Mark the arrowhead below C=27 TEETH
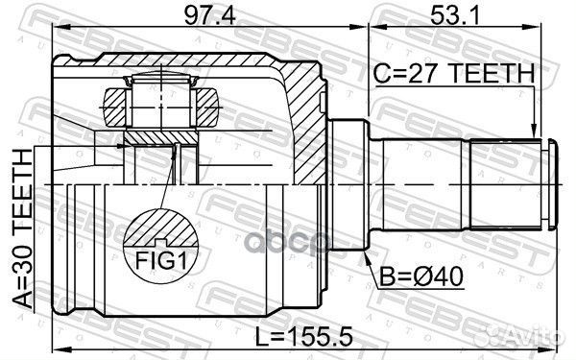pos(535,132)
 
